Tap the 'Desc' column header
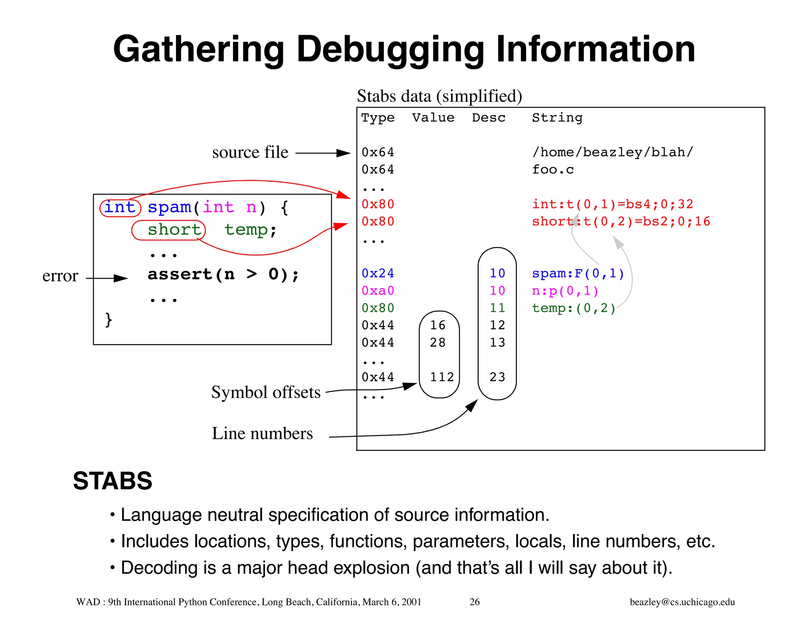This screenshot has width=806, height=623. coord(488,118)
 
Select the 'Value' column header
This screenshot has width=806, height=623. coord(433,118)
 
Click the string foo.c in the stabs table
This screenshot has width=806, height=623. coord(553,170)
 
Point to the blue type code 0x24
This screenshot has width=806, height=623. coord(378,273)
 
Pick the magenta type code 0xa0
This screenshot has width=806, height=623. coord(378,291)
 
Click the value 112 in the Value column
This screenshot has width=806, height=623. coord(442,377)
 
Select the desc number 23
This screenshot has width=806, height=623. coord(497,377)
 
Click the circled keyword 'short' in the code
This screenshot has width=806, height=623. coord(174,230)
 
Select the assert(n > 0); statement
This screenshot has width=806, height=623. coord(223,274)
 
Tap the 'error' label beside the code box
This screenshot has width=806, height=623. coord(60,276)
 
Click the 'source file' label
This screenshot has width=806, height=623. coord(250,152)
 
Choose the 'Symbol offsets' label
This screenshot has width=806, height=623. coord(266,392)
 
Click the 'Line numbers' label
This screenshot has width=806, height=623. coord(262,434)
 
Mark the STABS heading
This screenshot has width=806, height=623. coord(113,481)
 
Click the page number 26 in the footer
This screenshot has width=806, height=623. coord(475,602)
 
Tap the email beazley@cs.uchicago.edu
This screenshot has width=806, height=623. coord(682,602)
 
